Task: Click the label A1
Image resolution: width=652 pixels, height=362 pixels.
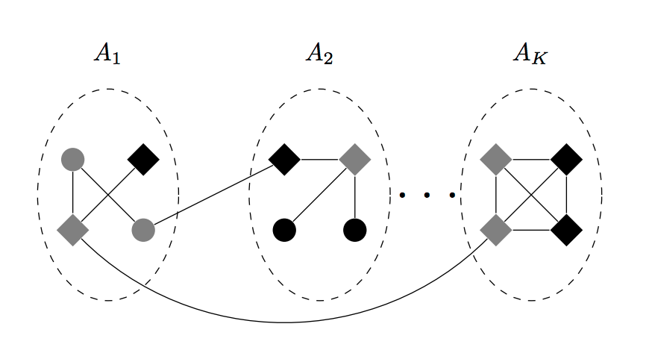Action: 107,54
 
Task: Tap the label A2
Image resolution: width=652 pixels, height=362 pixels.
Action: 319,54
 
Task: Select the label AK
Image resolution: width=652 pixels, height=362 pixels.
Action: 530,54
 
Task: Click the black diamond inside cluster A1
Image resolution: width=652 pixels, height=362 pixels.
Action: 143,159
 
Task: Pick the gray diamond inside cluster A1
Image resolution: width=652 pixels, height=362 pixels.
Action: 72,230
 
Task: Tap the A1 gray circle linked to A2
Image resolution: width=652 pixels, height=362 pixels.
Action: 143,230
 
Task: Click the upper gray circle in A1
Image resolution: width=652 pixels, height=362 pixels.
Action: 72,159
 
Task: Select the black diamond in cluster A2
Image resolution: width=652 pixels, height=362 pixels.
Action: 284,159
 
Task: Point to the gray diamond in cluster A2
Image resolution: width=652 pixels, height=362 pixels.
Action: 354,159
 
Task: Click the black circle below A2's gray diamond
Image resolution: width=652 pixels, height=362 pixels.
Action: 354,230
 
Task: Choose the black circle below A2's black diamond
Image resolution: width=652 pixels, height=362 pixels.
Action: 284,230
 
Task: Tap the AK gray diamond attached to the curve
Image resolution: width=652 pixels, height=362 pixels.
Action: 496,230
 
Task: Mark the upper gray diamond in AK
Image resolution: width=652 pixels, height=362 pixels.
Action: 496,159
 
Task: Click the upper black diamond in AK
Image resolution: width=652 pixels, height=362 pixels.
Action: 566,159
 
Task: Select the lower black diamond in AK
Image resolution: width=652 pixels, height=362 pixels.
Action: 566,230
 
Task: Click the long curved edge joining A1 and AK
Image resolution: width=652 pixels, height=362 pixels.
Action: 283,322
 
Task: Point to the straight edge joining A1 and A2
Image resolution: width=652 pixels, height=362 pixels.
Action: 213,195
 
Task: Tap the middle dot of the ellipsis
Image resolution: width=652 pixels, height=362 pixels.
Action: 427,196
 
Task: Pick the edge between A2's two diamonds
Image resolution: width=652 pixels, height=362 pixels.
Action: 319,159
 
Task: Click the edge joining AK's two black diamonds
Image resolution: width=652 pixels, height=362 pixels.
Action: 566,195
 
